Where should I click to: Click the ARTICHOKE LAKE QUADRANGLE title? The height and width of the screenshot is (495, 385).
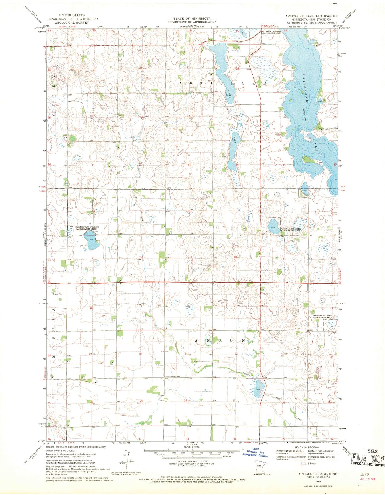311,16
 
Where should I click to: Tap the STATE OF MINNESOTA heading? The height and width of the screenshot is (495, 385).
192,18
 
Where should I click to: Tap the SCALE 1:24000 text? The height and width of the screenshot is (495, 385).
192,447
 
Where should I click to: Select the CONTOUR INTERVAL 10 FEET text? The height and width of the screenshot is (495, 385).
192,461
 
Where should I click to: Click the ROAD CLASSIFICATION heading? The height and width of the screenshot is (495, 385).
307,448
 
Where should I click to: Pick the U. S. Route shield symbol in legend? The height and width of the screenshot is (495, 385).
302,464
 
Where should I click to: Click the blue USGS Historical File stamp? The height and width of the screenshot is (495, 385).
255,452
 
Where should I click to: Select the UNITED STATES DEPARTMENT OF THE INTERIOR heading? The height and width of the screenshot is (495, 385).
72,19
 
